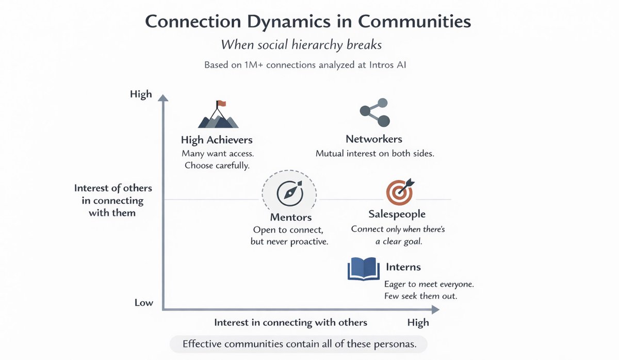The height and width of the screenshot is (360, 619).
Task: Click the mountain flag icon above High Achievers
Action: (x=218, y=114)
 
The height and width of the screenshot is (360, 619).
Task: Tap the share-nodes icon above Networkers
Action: (x=374, y=112)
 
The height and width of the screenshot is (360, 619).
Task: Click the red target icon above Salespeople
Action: (x=399, y=192)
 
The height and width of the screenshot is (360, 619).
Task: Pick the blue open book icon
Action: (x=364, y=269)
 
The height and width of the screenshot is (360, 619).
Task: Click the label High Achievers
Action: (x=217, y=140)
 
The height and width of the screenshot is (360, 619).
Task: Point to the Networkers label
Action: (x=374, y=139)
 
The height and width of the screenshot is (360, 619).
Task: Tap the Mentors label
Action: (x=290, y=217)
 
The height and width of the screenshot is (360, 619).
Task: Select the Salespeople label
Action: (x=397, y=214)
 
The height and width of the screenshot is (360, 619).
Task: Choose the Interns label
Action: (x=403, y=267)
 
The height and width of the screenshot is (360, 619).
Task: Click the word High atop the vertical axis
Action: (x=141, y=94)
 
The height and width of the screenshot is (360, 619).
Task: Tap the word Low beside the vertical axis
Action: (x=143, y=302)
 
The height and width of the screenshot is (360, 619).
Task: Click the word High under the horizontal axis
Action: (x=418, y=322)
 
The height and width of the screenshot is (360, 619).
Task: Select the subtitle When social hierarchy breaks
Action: (x=301, y=45)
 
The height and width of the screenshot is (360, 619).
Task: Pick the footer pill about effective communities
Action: (x=300, y=344)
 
